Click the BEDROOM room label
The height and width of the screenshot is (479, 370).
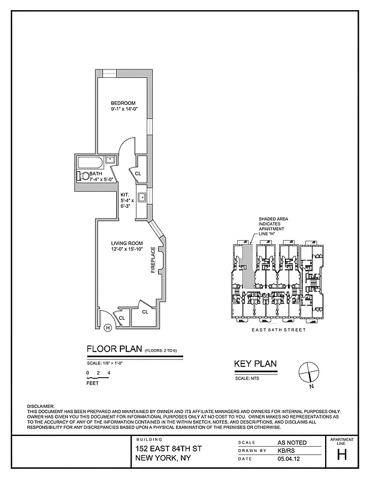[123, 103]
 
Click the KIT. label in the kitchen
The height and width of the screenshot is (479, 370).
[125, 194]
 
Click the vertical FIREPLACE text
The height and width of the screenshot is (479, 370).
[153, 260]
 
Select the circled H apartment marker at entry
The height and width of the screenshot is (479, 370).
[107, 327]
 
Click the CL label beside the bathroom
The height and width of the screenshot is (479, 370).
[138, 174]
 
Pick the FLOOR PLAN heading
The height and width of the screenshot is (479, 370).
[114, 349]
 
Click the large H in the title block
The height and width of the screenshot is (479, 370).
[342, 454]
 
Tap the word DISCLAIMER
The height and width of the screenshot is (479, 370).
[41, 406]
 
